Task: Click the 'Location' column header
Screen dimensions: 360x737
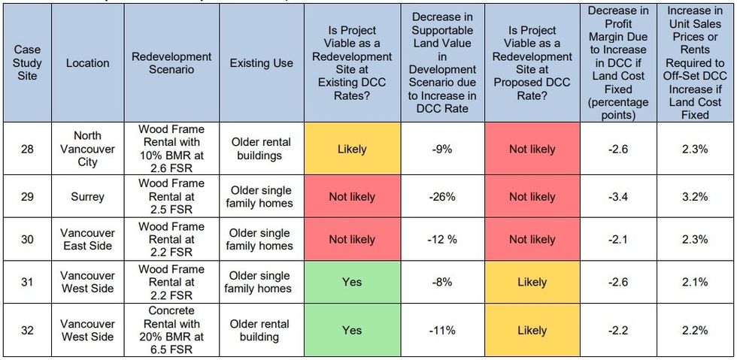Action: click(87, 63)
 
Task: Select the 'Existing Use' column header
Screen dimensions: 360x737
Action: click(261, 63)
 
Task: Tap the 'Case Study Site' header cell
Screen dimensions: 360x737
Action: click(27, 63)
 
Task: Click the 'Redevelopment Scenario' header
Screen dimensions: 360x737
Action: click(171, 63)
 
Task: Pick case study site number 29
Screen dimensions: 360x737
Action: click(27, 197)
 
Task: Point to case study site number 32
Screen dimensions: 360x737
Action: click(27, 330)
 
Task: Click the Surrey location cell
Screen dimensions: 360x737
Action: click(87, 197)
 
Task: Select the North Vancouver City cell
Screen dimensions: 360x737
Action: click(87, 149)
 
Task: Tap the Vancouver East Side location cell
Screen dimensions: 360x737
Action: click(87, 240)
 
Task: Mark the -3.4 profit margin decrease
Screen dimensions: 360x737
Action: click(618, 197)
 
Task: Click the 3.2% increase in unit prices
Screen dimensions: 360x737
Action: click(694, 197)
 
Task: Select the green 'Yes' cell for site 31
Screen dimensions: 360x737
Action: click(351, 282)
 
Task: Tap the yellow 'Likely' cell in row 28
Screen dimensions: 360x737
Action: click(351, 149)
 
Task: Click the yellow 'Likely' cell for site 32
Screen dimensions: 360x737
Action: click(532, 330)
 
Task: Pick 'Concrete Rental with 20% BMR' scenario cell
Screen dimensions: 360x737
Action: click(171, 330)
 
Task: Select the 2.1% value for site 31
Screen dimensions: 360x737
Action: click(694, 282)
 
